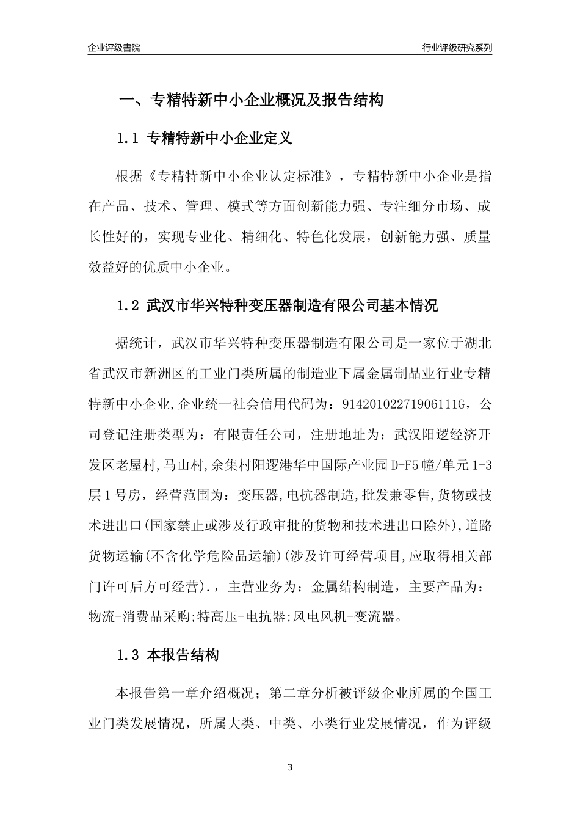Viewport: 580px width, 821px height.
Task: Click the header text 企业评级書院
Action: [114, 48]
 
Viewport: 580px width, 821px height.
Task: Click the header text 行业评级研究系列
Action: [457, 48]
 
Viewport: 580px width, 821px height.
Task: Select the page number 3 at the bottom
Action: [290, 767]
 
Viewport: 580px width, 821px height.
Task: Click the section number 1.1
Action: [129, 138]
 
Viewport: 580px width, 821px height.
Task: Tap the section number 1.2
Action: [129, 305]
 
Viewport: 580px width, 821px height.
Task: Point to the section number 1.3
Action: [129, 656]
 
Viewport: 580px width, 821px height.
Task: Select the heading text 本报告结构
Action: [183, 656]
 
